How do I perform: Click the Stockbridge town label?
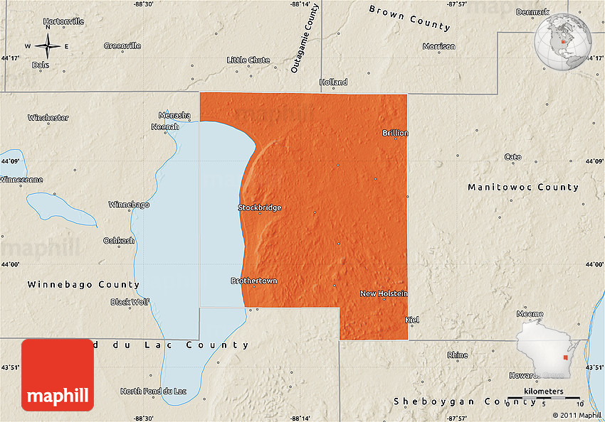coord(260,208)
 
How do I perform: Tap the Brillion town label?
coord(395,133)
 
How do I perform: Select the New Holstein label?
coord(384,293)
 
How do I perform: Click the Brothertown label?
coord(254,281)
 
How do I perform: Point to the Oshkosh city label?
coord(119,240)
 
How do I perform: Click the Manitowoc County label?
coord(523,188)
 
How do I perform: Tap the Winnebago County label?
coord(83,284)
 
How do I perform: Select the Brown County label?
coord(409,18)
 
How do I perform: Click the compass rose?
coord(47,47)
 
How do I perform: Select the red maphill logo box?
coord(58,374)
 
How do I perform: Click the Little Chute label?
coord(248,60)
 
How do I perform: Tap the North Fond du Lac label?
coord(153,391)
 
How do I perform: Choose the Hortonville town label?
coord(63,21)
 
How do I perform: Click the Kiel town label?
coord(412,320)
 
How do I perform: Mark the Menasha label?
coord(174,115)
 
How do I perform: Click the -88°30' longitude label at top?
coord(144,4)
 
